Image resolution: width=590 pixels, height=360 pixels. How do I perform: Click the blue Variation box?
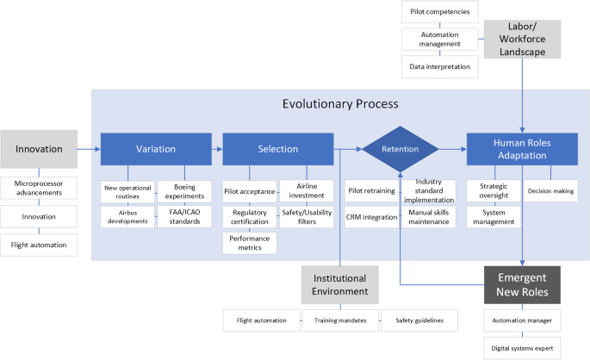pos(155,148)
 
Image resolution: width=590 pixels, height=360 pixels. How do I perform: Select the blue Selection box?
pos(277,148)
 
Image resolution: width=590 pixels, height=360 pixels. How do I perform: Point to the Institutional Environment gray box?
pos(338,285)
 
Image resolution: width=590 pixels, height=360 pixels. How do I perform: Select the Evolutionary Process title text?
pos(340,104)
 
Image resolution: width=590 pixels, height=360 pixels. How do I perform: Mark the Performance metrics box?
pos(250,243)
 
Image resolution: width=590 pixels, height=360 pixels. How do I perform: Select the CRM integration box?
pos(372,216)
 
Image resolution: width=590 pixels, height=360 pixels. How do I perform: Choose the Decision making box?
pos(551,191)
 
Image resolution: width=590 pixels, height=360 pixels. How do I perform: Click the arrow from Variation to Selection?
pos(217,148)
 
